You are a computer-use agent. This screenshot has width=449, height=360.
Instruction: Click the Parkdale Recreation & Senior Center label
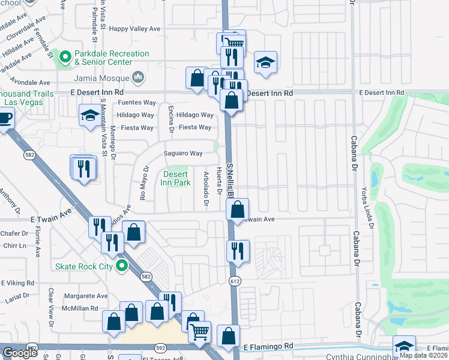point(111,58)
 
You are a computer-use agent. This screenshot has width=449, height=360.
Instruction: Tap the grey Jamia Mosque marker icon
point(138,77)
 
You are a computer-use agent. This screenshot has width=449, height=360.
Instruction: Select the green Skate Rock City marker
point(122,266)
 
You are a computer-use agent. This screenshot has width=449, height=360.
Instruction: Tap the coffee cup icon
point(4,118)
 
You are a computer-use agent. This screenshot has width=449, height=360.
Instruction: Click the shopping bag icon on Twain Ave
point(238,209)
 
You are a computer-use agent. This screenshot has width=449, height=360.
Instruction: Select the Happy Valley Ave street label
point(135,28)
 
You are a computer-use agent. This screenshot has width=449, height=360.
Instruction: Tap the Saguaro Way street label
point(184,154)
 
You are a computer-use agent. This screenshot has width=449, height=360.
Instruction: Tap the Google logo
point(20,353)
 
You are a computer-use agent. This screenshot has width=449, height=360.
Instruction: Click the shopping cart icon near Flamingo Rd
point(200,331)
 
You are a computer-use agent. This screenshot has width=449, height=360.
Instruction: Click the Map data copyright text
point(423,355)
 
